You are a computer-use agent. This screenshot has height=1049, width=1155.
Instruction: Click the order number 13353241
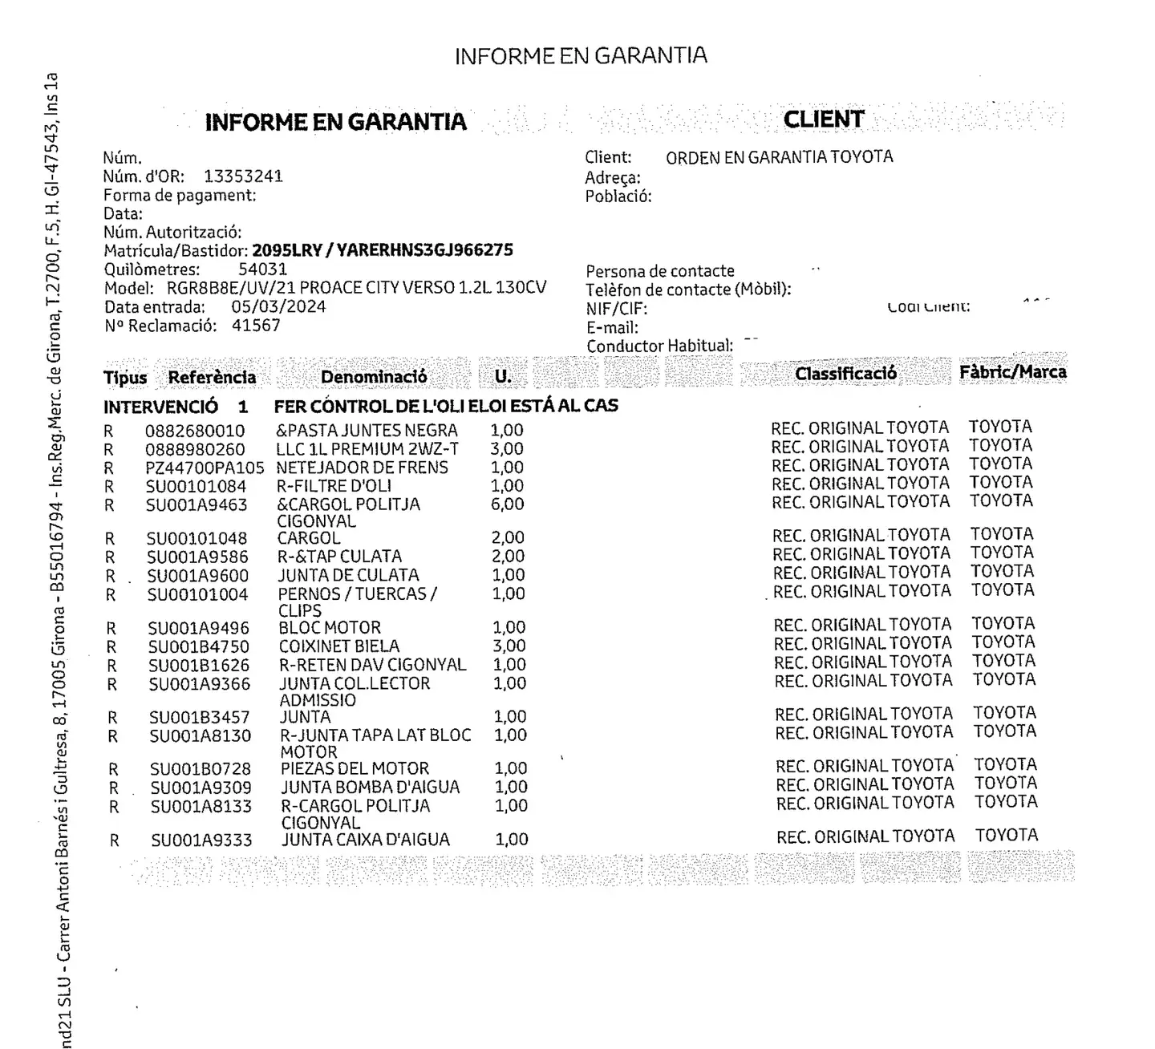click(243, 176)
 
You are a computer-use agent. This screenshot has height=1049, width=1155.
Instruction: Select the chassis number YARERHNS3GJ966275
click(425, 250)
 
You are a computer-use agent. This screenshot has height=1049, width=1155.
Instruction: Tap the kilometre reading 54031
click(262, 269)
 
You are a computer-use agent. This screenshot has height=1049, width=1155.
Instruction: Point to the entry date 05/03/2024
click(278, 307)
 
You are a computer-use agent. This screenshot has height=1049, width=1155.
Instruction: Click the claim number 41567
click(256, 326)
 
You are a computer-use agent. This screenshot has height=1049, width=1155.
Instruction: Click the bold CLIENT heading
click(824, 119)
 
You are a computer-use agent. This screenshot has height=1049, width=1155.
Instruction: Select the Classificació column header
click(845, 374)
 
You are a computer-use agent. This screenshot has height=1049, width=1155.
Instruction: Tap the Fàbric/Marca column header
click(1012, 372)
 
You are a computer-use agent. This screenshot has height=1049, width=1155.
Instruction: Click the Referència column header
click(212, 378)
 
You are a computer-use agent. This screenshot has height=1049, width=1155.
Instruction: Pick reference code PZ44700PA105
click(205, 468)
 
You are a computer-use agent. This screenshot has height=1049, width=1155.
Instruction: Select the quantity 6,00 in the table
click(508, 504)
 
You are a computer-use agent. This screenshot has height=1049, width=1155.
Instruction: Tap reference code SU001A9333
click(201, 840)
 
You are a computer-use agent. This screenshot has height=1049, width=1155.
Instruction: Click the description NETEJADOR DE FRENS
click(362, 468)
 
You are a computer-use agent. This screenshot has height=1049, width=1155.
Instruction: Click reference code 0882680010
click(195, 431)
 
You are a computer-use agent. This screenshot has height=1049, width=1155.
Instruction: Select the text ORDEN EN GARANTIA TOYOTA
click(779, 157)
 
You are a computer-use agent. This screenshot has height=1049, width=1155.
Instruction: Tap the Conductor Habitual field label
click(659, 346)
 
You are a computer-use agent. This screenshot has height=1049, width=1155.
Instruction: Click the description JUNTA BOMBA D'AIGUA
click(370, 788)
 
